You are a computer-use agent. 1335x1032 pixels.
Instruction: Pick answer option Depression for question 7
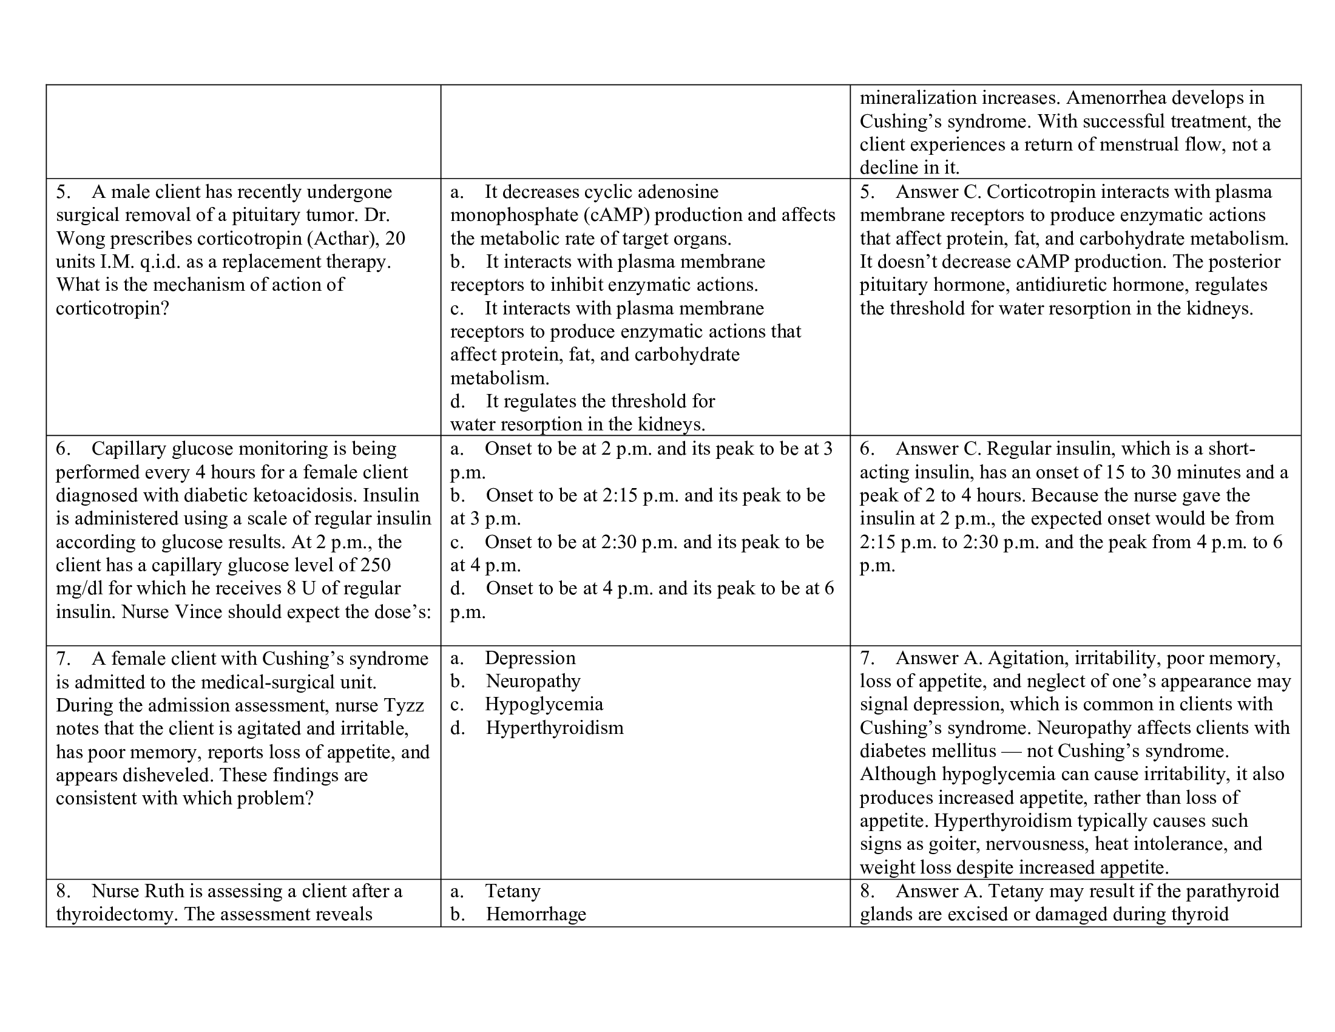(x=530, y=659)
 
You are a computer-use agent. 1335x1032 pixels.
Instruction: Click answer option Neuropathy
(x=533, y=682)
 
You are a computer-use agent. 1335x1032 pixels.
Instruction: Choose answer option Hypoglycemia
(x=544, y=705)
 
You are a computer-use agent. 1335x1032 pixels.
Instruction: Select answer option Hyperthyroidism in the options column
(x=555, y=728)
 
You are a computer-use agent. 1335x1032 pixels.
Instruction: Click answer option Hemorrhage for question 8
(x=535, y=915)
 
